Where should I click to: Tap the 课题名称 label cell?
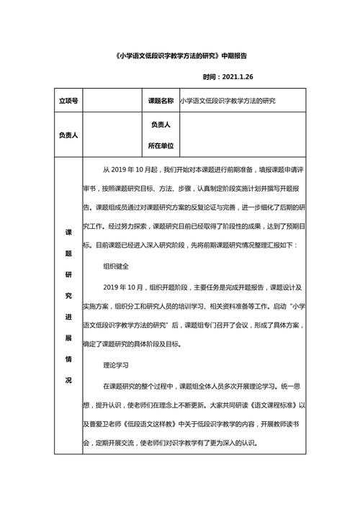160,102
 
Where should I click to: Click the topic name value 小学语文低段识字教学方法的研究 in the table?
228,102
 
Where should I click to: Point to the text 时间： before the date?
210,77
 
